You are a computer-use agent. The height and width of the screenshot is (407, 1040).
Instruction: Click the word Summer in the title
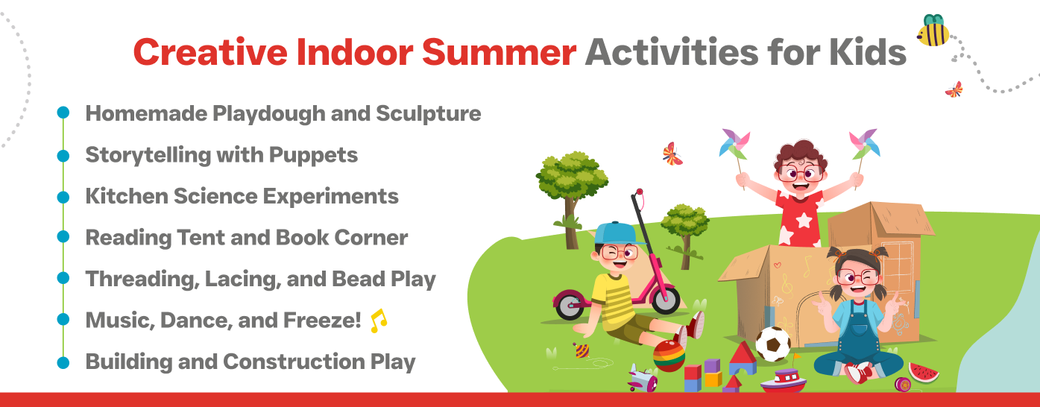[x=499, y=52]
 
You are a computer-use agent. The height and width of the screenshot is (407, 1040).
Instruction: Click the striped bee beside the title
[x=933, y=31]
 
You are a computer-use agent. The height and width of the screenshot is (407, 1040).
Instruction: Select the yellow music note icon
[x=379, y=321]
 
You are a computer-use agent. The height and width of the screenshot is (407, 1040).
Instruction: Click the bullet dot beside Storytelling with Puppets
[x=63, y=156]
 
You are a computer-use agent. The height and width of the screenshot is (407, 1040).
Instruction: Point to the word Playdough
[x=268, y=114]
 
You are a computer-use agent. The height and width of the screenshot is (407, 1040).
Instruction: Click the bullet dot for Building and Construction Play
[x=63, y=362]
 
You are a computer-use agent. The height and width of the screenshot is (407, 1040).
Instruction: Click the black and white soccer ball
[x=773, y=344]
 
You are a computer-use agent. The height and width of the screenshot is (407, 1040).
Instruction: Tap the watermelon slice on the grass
[x=923, y=373]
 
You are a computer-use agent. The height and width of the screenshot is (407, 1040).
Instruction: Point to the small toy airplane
[x=642, y=378]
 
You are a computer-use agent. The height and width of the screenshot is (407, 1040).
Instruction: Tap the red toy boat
[x=784, y=381]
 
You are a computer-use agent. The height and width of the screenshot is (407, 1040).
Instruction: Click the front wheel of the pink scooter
[x=666, y=300]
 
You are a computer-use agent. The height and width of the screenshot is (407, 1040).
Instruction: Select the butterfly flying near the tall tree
[x=672, y=154]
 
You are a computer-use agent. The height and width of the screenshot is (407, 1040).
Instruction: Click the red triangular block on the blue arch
[x=743, y=353]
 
